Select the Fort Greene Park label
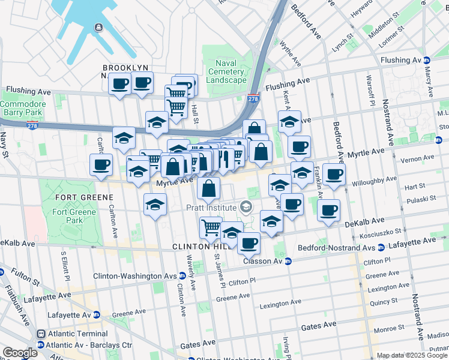[x=75, y=216]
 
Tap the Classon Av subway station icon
[x=288, y=261]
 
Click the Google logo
[x=20, y=353]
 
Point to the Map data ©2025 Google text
[x=412, y=355]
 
